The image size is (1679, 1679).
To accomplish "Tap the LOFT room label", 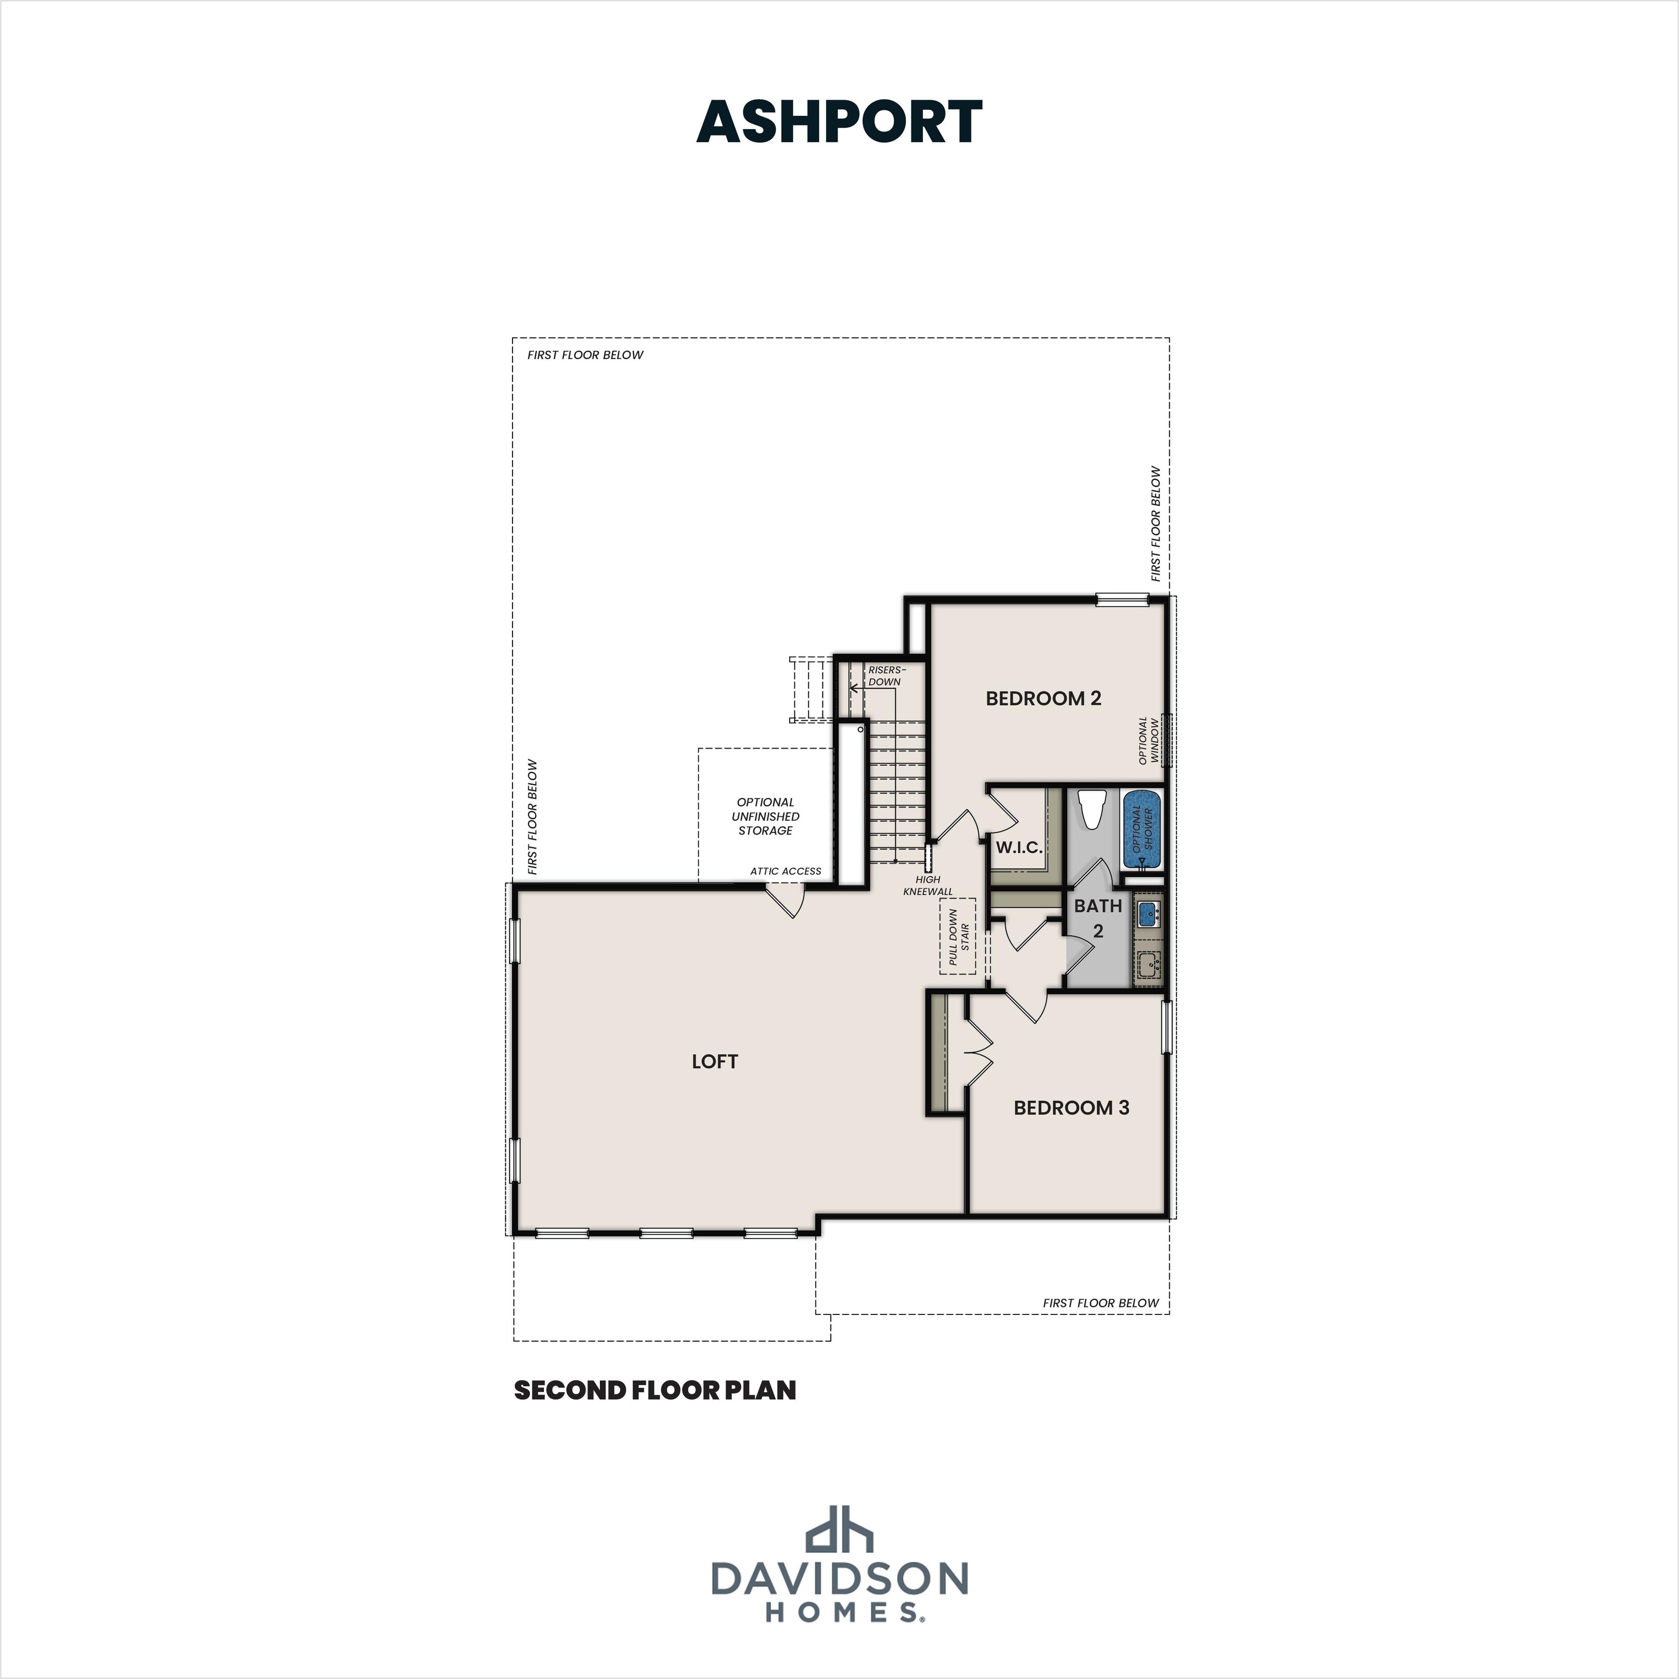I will point(714,1061).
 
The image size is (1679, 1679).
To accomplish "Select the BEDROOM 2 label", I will point(1043,698).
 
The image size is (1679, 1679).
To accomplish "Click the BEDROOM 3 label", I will point(1071,1107).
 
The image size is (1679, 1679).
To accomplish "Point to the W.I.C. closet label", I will point(1018,847).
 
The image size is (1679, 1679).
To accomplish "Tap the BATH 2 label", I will point(1097,918).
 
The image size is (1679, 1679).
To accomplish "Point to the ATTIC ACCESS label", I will point(786,871).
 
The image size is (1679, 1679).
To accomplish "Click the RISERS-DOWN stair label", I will point(885,675).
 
